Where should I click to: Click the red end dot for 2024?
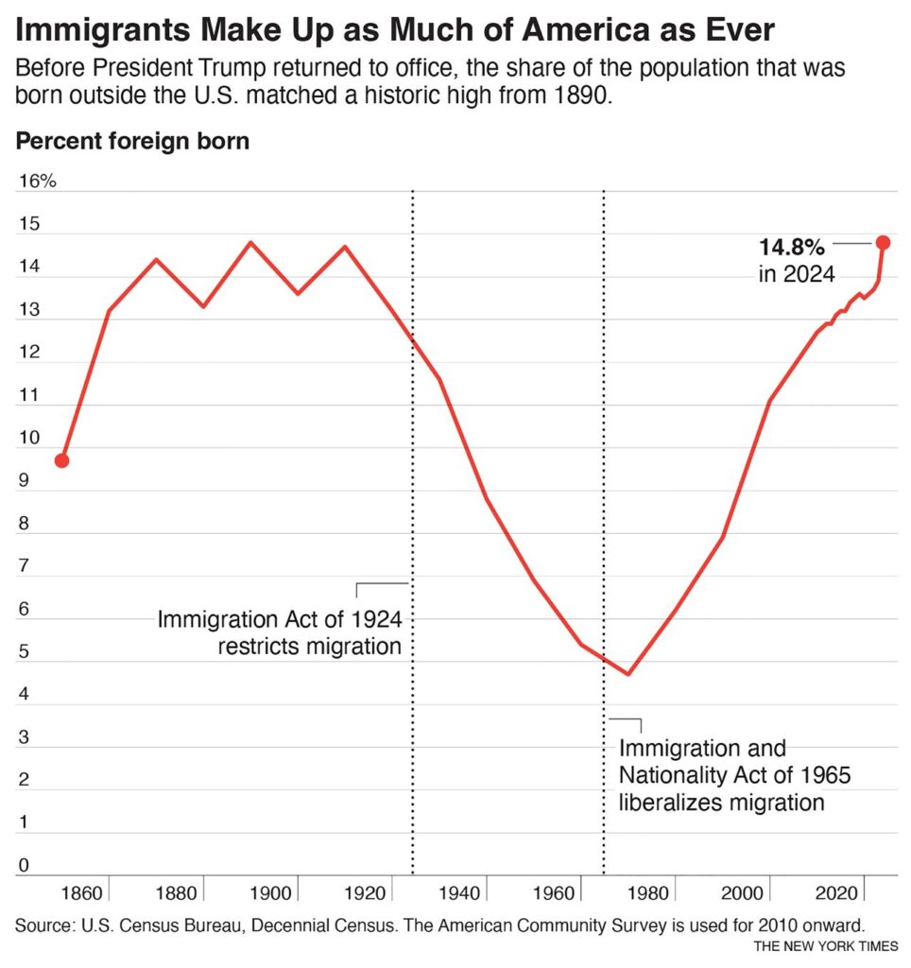884,243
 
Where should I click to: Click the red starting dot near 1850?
61,460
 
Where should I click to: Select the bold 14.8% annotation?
792,248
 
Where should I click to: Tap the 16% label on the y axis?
37,181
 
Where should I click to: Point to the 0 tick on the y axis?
24,865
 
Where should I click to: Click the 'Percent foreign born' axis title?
132,142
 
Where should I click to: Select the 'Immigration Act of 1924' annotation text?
280,621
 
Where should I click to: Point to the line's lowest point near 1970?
627,674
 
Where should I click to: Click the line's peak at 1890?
250,242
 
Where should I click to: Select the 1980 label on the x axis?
651,892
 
